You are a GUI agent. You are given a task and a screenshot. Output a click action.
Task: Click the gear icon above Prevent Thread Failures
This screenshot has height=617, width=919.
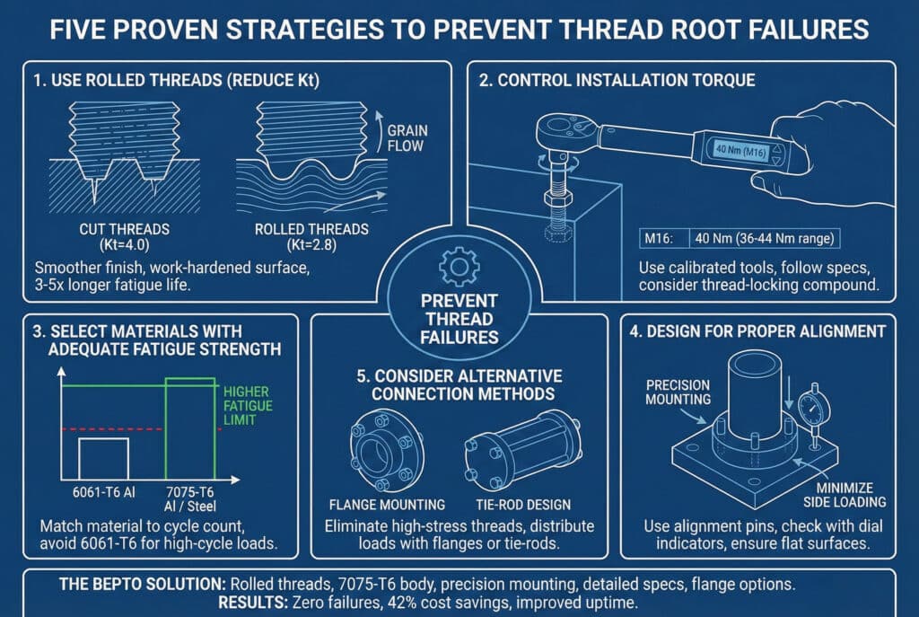[x=459, y=267]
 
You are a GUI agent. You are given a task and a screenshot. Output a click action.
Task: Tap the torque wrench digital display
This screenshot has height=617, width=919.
[x=740, y=151]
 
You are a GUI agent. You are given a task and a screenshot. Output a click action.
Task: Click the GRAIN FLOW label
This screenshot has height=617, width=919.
[x=406, y=138]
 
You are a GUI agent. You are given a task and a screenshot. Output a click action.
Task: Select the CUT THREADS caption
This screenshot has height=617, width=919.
[x=124, y=237]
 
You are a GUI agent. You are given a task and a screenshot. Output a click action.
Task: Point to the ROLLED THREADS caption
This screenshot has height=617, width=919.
[x=311, y=237]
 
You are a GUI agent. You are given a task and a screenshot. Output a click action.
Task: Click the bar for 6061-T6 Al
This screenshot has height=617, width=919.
[x=104, y=459]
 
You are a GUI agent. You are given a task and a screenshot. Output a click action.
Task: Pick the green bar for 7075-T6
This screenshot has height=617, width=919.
[x=190, y=429]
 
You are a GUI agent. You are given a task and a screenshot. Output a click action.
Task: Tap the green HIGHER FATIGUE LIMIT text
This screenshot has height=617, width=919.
[x=248, y=406]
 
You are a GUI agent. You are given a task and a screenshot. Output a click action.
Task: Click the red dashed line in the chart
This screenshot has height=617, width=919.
[x=141, y=429]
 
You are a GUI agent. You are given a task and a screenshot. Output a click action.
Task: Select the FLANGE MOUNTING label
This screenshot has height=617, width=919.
[x=387, y=505]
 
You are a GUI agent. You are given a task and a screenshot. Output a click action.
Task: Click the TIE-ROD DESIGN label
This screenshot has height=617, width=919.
[x=523, y=505]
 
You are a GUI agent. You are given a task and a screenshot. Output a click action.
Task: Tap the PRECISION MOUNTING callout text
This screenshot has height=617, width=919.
[x=678, y=392]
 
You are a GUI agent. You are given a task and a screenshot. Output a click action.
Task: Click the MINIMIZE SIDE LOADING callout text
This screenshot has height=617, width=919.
[x=845, y=495]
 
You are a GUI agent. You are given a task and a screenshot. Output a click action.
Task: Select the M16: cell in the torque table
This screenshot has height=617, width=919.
[x=659, y=239]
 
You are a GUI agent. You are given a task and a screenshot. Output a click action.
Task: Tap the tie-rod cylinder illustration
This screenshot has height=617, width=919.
[x=523, y=450]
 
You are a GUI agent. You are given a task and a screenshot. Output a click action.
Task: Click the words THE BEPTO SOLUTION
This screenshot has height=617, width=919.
[x=142, y=584]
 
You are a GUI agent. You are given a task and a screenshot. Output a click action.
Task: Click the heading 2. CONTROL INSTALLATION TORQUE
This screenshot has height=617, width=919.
[x=617, y=80]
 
